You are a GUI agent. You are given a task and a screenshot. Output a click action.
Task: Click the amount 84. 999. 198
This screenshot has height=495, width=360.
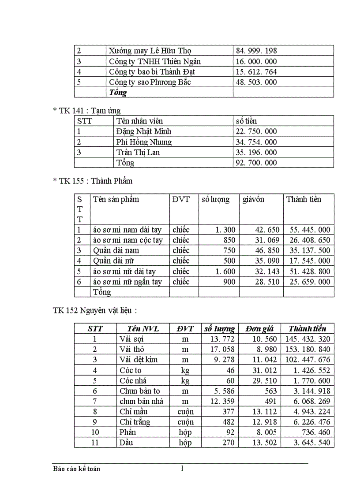(x=255, y=51)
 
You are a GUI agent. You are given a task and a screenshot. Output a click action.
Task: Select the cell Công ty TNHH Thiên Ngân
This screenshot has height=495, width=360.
(x=155, y=61)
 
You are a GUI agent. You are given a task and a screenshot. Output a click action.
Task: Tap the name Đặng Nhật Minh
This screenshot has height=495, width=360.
(x=144, y=131)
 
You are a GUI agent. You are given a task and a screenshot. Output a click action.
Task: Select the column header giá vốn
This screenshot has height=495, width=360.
(x=253, y=199)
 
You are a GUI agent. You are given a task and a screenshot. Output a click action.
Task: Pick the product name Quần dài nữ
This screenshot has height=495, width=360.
(x=116, y=261)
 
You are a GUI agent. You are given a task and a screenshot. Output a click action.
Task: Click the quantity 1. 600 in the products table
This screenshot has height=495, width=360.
(x=225, y=271)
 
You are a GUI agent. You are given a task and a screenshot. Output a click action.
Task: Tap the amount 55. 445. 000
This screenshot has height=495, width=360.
(x=310, y=230)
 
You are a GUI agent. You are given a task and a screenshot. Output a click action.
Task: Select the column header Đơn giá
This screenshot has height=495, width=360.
(x=260, y=328)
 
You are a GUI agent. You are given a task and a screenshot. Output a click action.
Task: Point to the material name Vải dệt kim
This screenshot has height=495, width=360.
(x=138, y=359)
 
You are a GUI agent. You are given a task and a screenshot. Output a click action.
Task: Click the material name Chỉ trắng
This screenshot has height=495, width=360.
(x=135, y=422)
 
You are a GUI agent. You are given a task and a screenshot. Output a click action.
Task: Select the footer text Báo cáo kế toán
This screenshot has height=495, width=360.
(x=76, y=469)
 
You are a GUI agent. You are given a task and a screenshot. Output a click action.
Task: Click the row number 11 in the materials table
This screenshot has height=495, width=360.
(x=95, y=443)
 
